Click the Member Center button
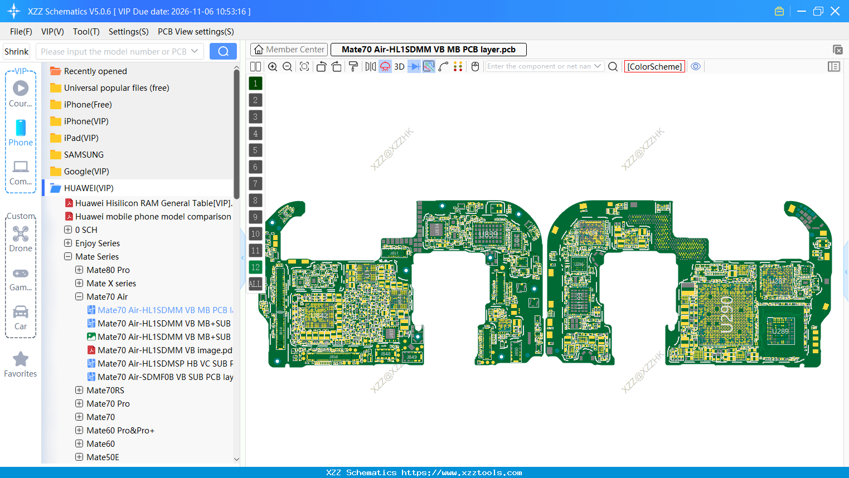[289, 50]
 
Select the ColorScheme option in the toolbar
[654, 66]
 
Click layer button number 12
[255, 267]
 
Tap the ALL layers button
[255, 284]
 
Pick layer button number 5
[255, 150]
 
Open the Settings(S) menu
[128, 32]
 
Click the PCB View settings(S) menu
[196, 32]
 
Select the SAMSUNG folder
[84, 154]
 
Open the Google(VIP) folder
[86, 171]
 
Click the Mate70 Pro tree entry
[108, 403]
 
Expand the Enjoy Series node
[68, 243]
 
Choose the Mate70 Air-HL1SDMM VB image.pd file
[164, 350]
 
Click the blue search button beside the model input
[223, 51]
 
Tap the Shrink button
[16, 51]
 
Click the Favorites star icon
[21, 359]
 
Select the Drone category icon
[21, 234]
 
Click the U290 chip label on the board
[726, 315]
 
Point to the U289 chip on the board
[780, 330]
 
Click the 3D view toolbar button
[399, 66]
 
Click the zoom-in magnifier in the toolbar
[273, 66]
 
